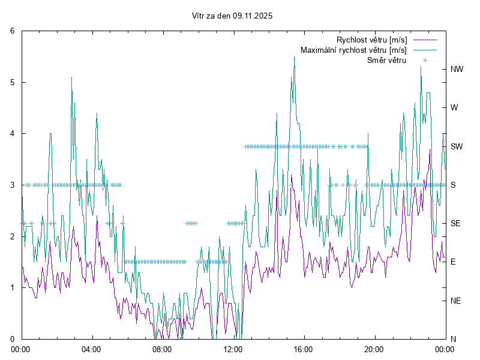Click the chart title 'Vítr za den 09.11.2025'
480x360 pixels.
tap(232, 16)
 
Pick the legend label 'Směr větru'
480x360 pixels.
tap(386, 60)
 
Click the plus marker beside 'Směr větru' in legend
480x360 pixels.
tap(424, 60)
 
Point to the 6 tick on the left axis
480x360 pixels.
tap(13, 31)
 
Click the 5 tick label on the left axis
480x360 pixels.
tap(13, 82)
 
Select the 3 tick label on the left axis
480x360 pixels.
tap(13, 185)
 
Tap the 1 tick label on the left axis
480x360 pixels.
tap(13, 287)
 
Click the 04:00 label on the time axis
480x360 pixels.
tap(92, 349)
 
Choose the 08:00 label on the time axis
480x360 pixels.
tap(162, 349)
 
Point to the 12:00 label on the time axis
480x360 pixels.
tap(233, 349)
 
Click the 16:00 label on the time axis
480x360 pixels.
tap(304, 349)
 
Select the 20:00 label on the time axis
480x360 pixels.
tap(374, 349)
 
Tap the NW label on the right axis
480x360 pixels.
tap(457, 69)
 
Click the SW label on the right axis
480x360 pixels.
tap(457, 146)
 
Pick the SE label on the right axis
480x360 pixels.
tap(456, 223)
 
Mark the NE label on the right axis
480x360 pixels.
tap(456, 301)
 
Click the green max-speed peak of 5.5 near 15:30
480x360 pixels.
tap(294, 57)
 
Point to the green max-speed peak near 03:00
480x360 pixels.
tap(72, 77)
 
